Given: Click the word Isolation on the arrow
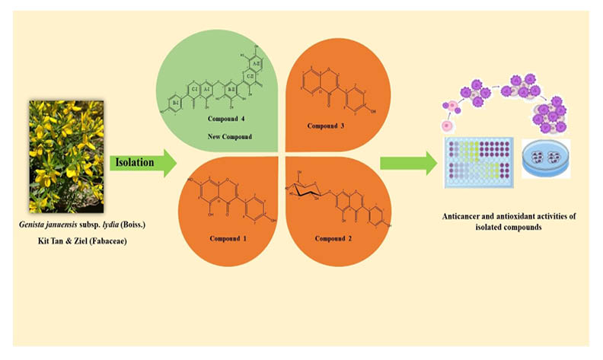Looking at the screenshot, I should point(137,162).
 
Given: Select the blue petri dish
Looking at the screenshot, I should point(548,160).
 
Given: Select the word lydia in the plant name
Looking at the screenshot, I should point(111,226).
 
